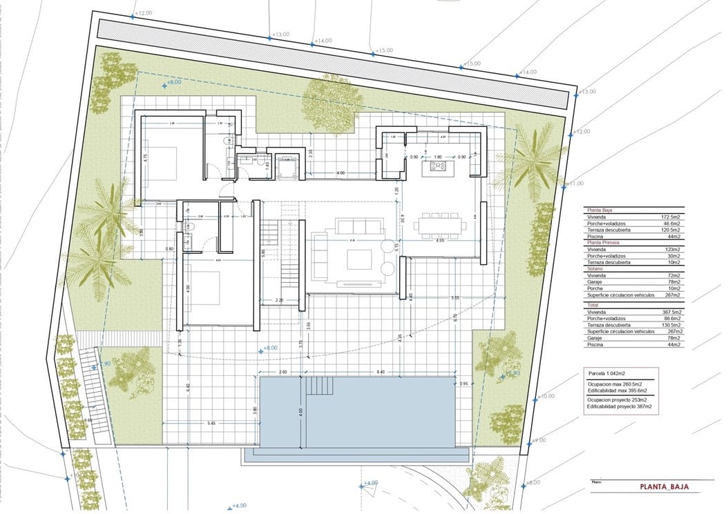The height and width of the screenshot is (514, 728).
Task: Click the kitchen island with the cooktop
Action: [x=437, y=166]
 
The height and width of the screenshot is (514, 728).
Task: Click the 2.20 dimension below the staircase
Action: [x=280, y=301]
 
